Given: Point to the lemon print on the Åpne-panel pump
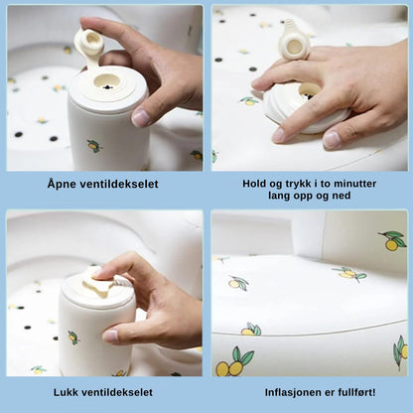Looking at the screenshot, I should pyautogui.click(x=93, y=146).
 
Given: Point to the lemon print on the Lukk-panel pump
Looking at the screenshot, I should pyautogui.click(x=73, y=338).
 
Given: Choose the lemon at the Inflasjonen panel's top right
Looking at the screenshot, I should pyautogui.click(x=391, y=239).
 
